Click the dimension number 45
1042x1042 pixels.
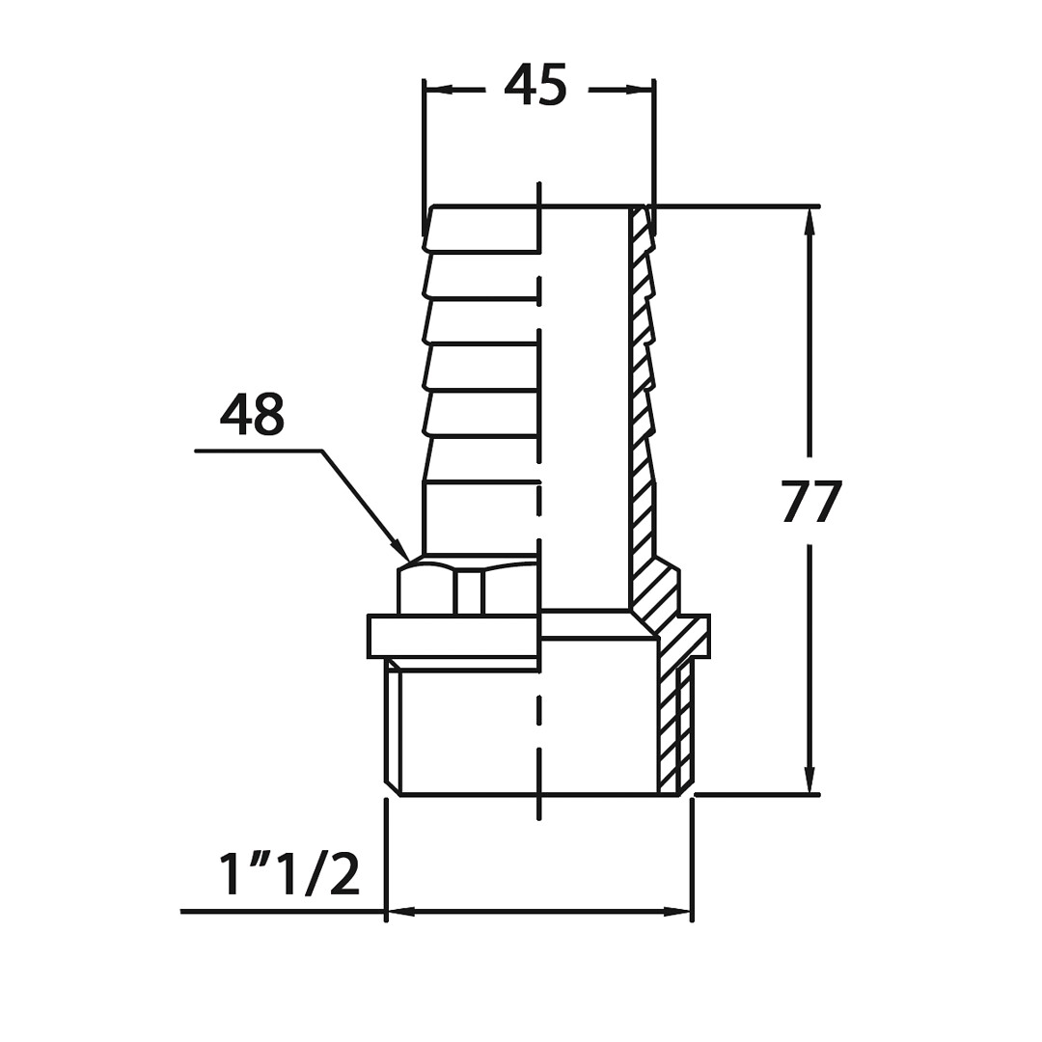click(x=535, y=84)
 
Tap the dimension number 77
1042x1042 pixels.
click(x=812, y=502)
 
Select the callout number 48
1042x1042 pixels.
click(x=252, y=414)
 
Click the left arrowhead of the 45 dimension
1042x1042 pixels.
click(x=439, y=89)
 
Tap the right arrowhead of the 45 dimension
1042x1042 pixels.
click(x=640, y=89)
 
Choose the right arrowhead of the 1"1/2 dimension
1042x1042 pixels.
click(x=677, y=912)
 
